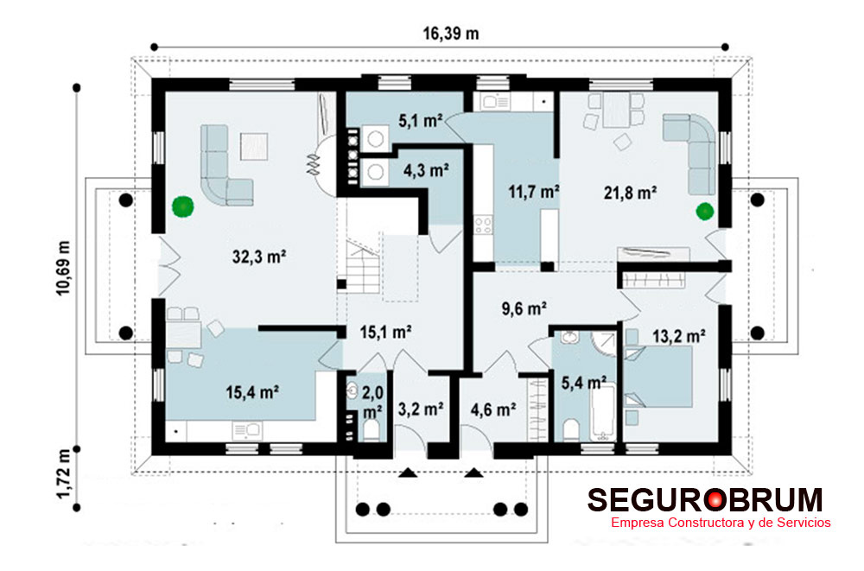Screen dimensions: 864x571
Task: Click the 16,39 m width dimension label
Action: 451,34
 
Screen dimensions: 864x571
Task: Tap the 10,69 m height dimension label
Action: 63,269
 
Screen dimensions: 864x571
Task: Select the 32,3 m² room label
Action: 259,257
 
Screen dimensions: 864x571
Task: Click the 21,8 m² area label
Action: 630,193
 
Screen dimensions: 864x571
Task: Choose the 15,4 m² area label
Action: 251,392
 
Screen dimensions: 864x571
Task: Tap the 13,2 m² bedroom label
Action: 679,336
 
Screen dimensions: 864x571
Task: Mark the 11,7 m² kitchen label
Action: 533,192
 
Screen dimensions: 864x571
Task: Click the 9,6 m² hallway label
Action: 524,308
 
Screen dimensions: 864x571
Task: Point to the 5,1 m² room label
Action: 421,121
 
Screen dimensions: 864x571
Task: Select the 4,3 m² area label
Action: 425,170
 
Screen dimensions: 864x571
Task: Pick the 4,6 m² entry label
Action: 493,409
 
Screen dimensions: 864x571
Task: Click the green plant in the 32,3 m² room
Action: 183,206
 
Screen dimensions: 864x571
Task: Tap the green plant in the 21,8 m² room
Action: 705,211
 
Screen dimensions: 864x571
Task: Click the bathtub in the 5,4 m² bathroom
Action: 602,413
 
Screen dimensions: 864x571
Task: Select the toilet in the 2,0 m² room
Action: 372,430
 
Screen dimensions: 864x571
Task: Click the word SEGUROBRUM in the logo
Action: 705,500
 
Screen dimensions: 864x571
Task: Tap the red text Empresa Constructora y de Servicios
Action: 721,523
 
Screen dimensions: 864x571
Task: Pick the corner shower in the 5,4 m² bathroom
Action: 605,343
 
